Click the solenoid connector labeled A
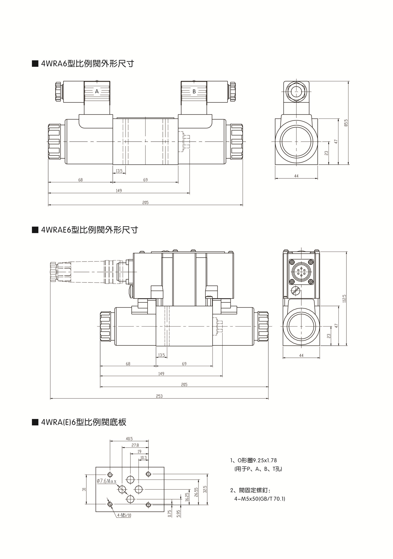point(97,92)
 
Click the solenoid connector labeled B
point(194,92)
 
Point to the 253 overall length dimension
point(159,396)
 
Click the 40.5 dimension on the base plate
point(129,439)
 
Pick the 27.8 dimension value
point(135,445)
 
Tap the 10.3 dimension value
point(143,458)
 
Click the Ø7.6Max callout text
point(107,481)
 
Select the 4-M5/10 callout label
point(124,515)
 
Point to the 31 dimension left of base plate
point(84,490)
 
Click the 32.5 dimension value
point(205,489)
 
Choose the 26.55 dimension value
point(196,493)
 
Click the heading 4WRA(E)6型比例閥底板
point(84,422)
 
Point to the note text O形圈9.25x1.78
point(256,460)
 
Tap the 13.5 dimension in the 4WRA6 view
point(119,171)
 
